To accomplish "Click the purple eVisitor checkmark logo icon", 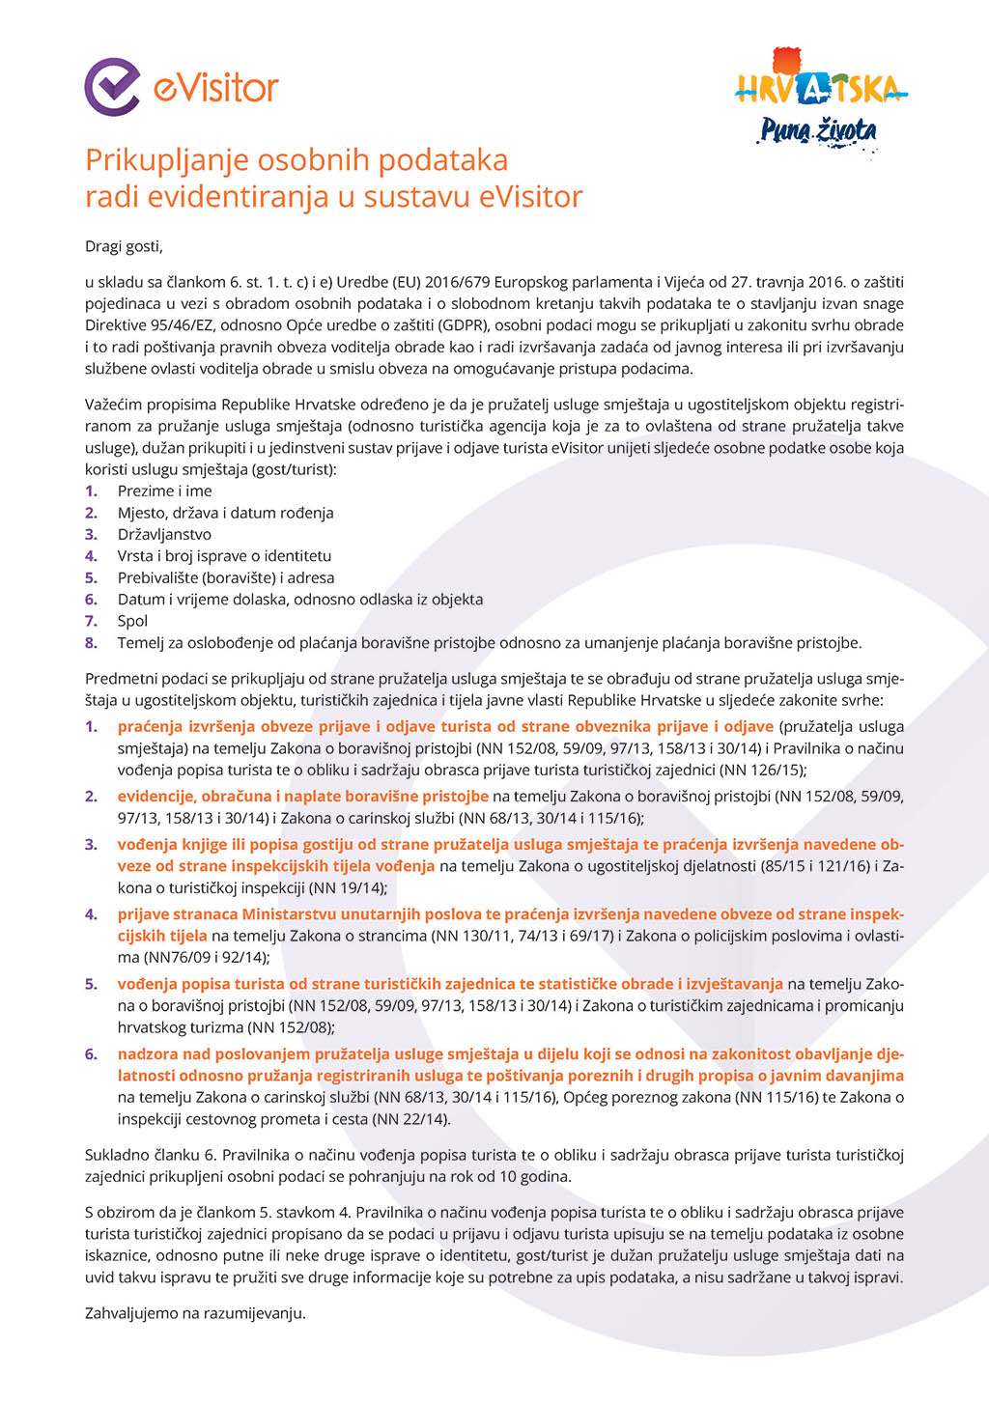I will click(x=112, y=87).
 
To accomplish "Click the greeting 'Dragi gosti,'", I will click(x=124, y=246).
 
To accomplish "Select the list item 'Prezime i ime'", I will click(x=164, y=491).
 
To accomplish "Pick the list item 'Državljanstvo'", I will click(x=164, y=534).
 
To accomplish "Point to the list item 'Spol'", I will click(x=132, y=621).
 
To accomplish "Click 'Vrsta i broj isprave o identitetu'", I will click(x=224, y=556).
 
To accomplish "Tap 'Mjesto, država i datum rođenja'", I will click(x=225, y=513).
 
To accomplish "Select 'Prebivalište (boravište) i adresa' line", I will click(x=226, y=577).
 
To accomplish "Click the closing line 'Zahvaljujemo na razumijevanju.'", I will click(x=195, y=1313).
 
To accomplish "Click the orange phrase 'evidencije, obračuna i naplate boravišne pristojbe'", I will click(x=303, y=797).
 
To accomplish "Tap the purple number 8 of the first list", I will click(x=91, y=643).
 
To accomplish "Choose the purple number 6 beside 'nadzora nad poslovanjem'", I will click(x=91, y=1054).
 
